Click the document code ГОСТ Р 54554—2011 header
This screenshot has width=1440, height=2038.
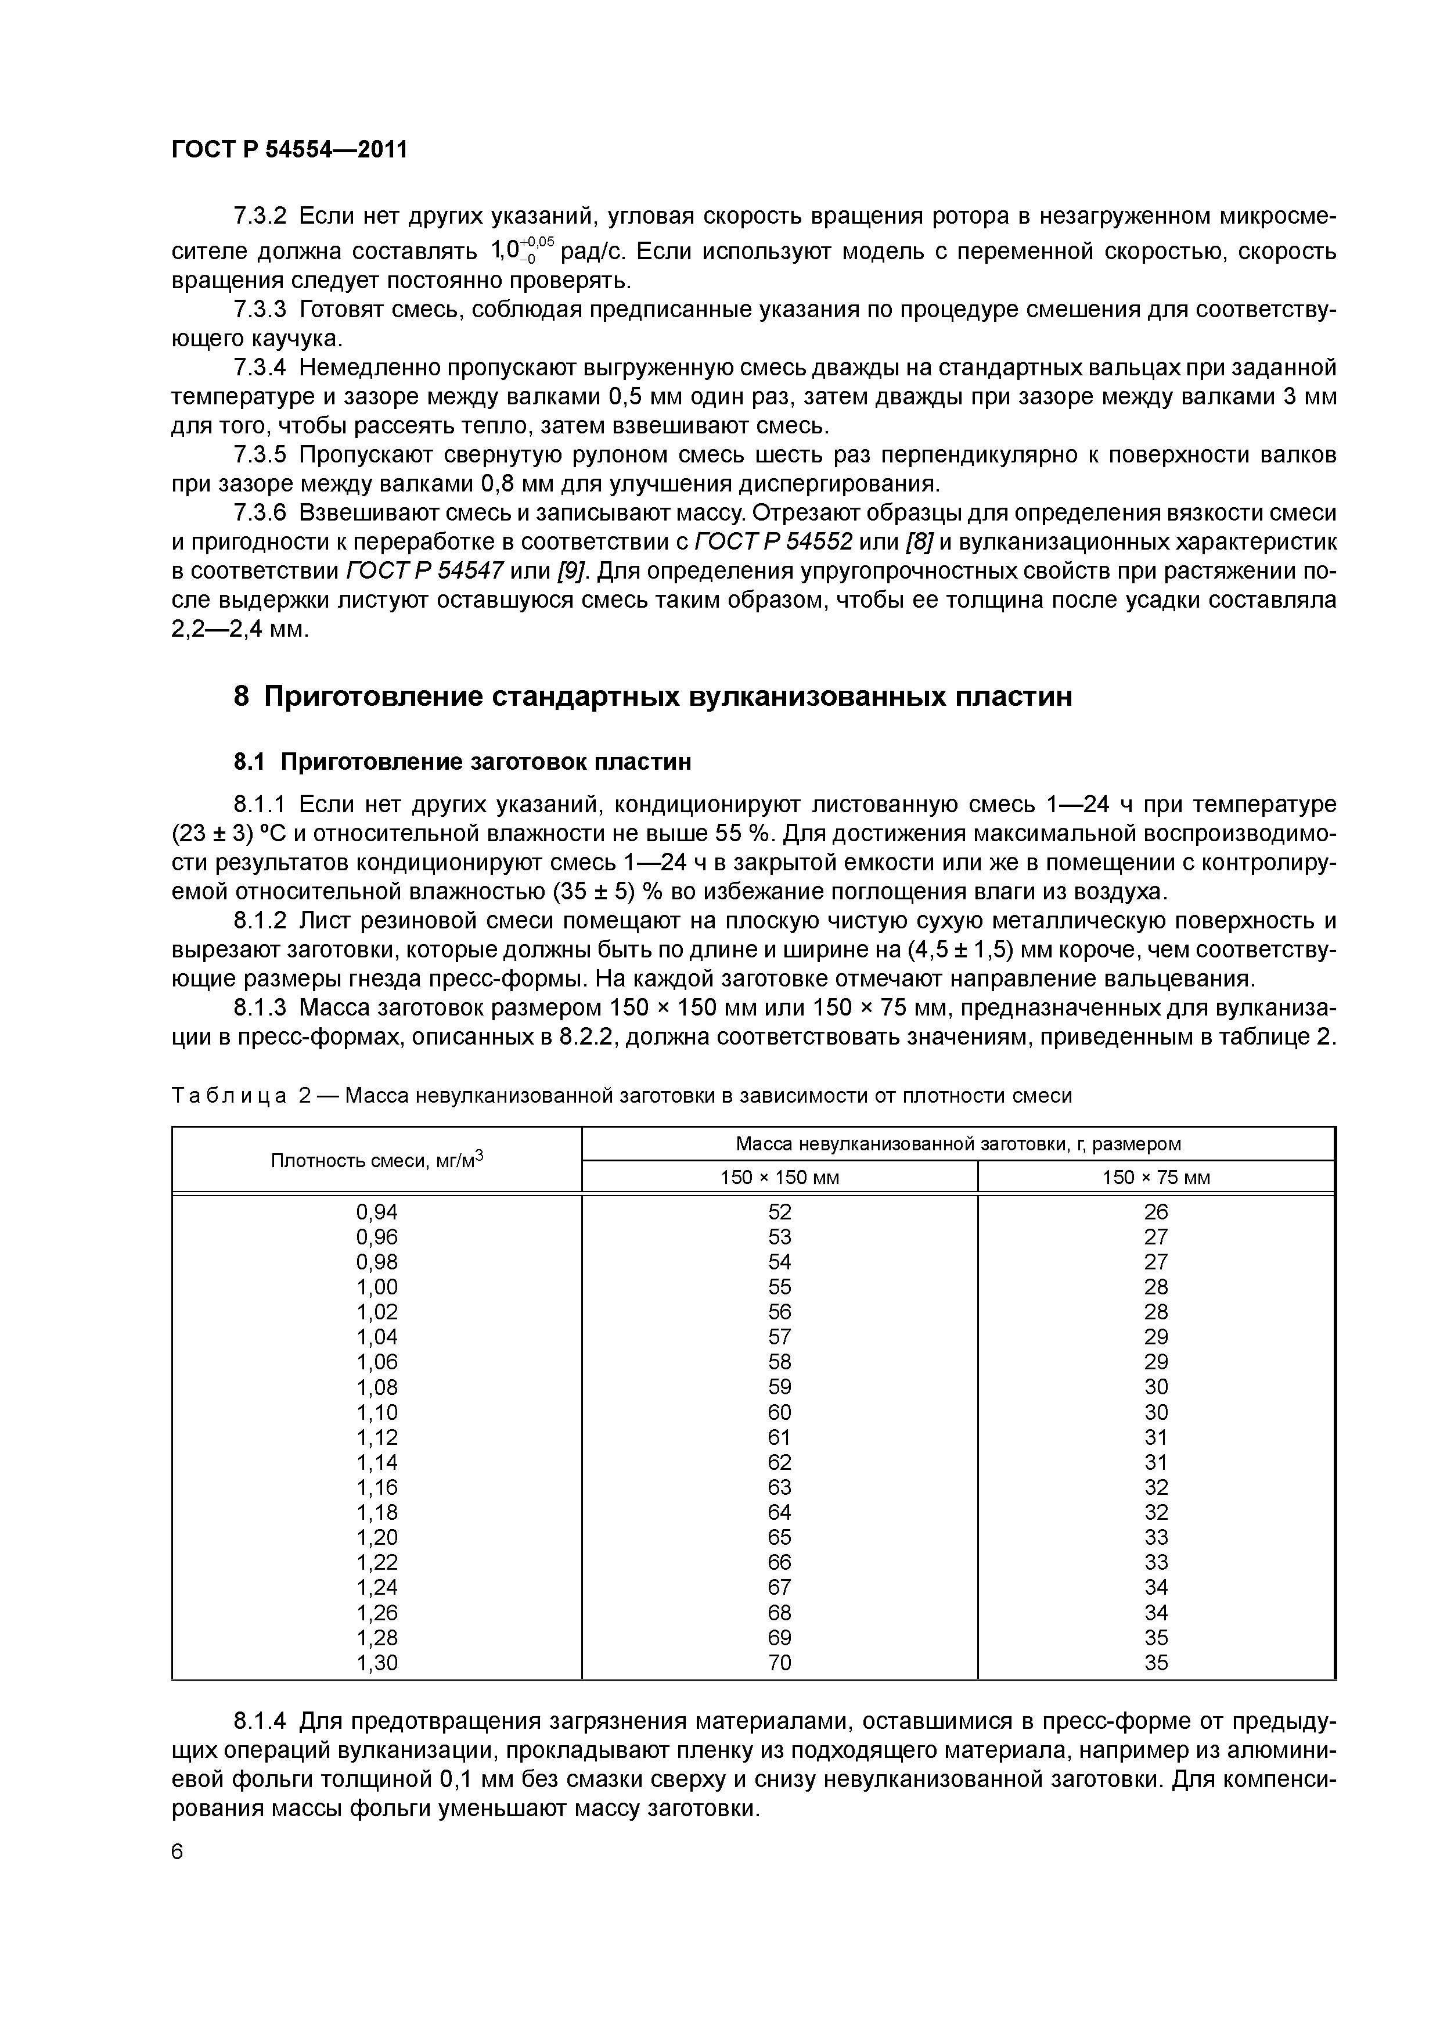tap(289, 149)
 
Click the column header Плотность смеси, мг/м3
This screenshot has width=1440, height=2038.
tap(376, 1159)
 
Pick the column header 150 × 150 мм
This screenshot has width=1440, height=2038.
tap(779, 1177)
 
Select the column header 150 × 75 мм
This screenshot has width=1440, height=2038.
tap(1155, 1177)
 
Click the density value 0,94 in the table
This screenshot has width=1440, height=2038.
tap(377, 1212)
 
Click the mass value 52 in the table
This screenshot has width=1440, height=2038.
tap(779, 1212)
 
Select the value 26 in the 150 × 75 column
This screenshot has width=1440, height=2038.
tap(1155, 1212)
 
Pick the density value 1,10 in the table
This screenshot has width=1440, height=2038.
tap(377, 1412)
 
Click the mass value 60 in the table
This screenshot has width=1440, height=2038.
tap(779, 1412)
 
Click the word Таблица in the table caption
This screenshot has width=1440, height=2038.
tap(229, 1096)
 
